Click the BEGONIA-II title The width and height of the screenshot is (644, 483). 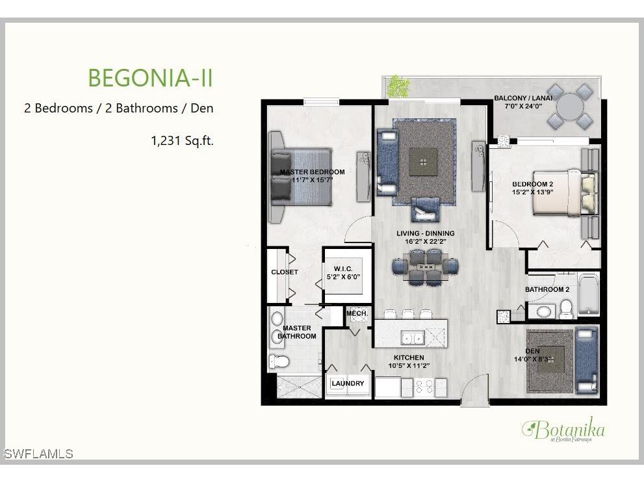[x=150, y=77]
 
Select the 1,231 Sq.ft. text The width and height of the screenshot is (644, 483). [x=182, y=140]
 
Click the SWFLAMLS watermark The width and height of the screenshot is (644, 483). [x=38, y=454]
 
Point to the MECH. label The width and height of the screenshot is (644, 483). [x=357, y=313]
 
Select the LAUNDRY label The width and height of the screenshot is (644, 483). [x=348, y=384]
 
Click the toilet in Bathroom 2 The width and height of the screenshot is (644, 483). [x=566, y=308]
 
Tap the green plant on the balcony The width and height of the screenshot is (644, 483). [x=396, y=86]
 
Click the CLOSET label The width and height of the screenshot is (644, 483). [x=285, y=272]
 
